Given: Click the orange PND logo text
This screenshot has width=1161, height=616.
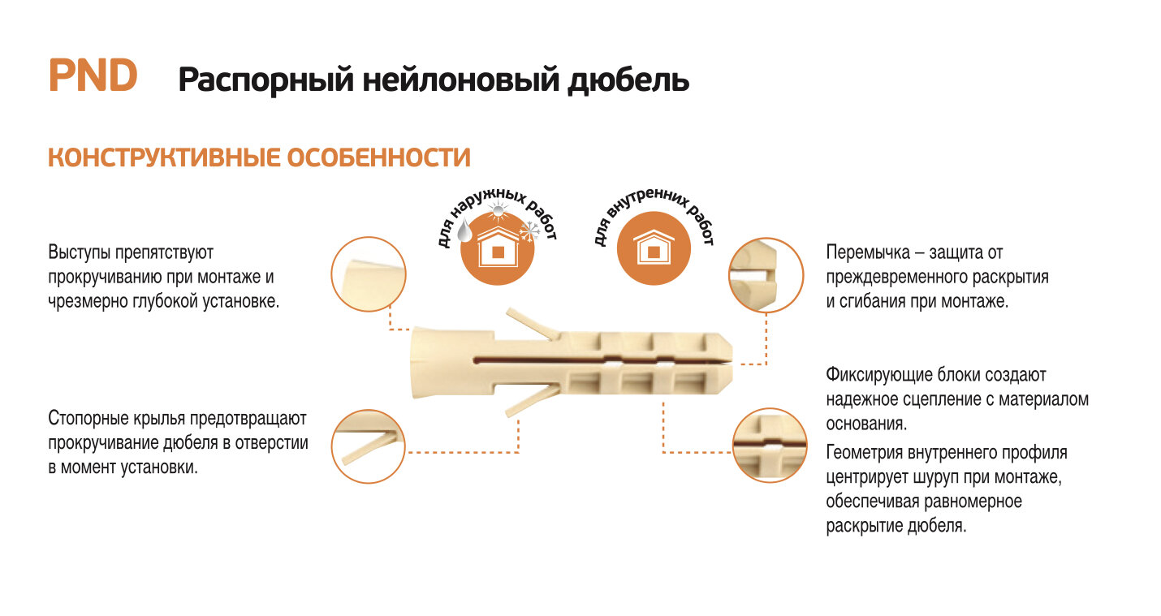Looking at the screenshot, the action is click(x=93, y=76).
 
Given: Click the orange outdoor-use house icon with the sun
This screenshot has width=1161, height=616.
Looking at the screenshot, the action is click(x=498, y=248).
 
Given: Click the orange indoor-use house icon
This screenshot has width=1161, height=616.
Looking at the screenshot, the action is click(x=654, y=248).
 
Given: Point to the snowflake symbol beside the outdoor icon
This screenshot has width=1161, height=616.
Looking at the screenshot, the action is click(x=531, y=232).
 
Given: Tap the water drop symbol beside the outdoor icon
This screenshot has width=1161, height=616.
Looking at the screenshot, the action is click(x=465, y=233).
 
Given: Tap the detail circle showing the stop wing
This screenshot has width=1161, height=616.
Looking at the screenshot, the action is click(x=369, y=446).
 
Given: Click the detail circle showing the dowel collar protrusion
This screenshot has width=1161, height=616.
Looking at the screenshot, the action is click(x=369, y=274).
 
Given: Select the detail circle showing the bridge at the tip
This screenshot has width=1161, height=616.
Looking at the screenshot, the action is click(x=766, y=274).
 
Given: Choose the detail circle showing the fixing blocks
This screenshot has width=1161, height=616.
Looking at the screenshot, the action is click(x=770, y=446).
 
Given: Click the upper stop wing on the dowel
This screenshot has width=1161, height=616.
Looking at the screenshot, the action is click(x=533, y=324).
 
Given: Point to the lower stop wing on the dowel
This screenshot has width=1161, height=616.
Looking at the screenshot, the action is click(x=531, y=401).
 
